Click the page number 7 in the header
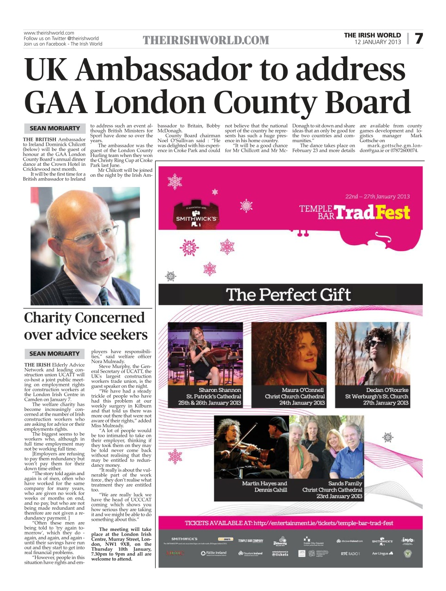418,38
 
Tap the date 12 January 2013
377,42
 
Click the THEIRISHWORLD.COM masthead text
206,41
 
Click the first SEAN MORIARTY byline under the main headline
54,128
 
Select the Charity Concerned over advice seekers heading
85,326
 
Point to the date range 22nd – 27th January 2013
377,196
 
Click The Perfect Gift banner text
288,295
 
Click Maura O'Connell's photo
289,353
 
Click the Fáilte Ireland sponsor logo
214,553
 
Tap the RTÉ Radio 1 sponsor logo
350,553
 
